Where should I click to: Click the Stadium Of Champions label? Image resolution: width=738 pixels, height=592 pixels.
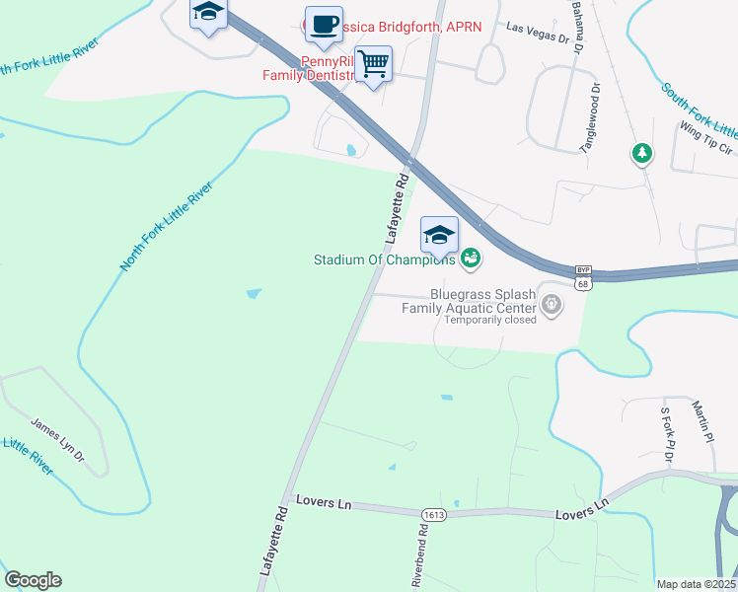click(x=384, y=260)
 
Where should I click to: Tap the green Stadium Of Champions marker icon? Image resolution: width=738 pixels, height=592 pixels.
click(x=471, y=259)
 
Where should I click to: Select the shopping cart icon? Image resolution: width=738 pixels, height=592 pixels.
click(x=373, y=64)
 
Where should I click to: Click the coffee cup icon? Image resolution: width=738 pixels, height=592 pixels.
click(x=323, y=25)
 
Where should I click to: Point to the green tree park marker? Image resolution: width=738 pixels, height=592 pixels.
click(x=642, y=153)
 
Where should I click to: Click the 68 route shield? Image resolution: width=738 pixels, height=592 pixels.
click(x=583, y=284)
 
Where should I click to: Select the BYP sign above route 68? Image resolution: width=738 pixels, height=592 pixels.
click(x=583, y=269)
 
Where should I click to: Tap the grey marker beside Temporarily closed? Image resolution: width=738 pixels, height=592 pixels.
click(x=552, y=308)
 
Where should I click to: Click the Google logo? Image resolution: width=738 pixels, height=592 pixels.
click(x=33, y=580)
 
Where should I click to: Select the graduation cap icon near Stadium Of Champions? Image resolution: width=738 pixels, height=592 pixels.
click(x=439, y=235)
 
